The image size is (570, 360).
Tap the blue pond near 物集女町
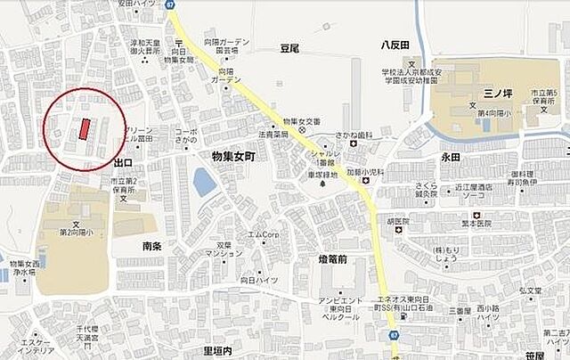204,182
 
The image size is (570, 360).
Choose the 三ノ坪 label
495,91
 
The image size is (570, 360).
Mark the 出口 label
124,163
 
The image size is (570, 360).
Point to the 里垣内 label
216,351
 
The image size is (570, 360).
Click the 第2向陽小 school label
77,232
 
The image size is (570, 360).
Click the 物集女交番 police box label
301,122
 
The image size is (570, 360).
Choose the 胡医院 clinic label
398,221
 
